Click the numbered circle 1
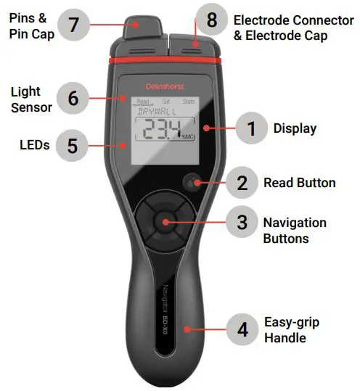coord(251,129)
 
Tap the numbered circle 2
coord(242,183)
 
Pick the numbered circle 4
coord(242,327)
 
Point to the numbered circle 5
coord(72,145)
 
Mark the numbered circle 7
coord(72,25)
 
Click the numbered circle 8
coord(211,20)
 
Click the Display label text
coord(295,129)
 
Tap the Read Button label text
coord(299,183)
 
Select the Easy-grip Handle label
coord(292,330)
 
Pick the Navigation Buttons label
coord(295,230)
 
